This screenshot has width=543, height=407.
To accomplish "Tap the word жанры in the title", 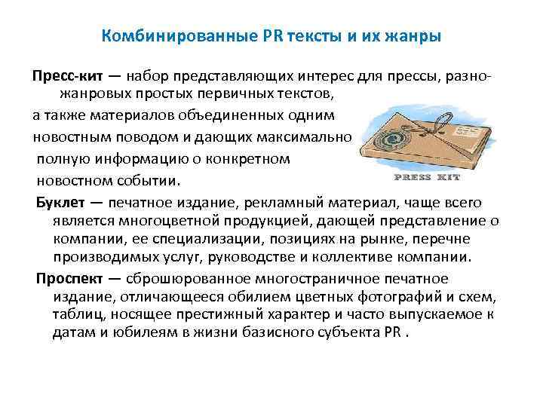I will pyautogui.click(x=410, y=35).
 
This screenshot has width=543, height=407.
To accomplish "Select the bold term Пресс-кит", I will pyautogui.click(x=62, y=76).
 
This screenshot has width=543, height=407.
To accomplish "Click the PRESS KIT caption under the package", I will pyautogui.click(x=427, y=178).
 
